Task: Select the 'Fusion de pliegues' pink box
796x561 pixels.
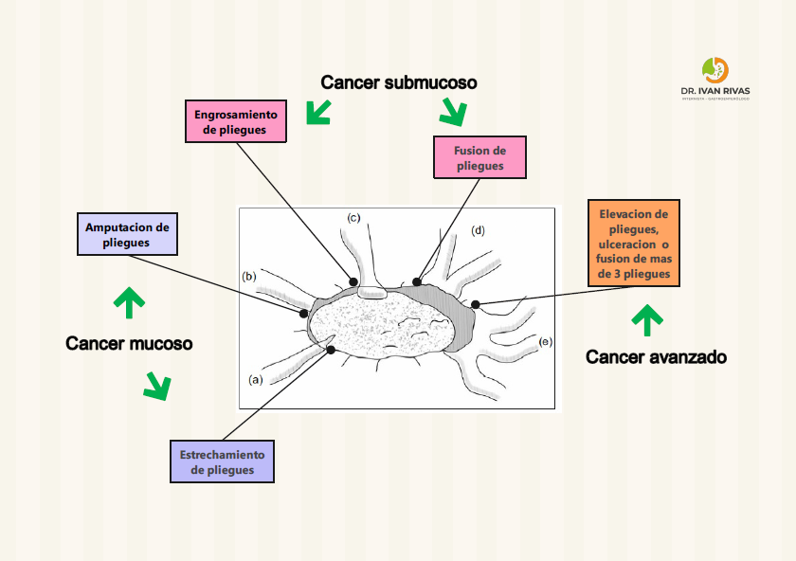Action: (479, 158)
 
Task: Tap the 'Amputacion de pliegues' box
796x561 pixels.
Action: (127, 234)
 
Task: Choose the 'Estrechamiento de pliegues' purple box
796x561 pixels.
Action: (222, 461)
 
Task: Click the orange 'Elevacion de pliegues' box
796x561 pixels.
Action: (634, 244)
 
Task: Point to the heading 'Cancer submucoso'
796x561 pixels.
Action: (398, 82)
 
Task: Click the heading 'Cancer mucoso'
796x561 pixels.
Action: (129, 343)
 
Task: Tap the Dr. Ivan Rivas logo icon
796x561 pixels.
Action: (715, 71)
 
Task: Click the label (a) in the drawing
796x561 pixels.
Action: (255, 379)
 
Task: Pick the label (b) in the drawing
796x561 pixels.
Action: (249, 277)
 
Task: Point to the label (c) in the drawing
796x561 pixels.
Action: (353, 219)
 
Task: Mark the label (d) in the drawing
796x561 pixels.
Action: (478, 230)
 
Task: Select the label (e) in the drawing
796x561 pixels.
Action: (545, 340)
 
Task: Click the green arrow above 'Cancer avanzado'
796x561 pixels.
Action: (647, 320)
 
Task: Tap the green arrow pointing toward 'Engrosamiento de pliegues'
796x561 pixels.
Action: (318, 113)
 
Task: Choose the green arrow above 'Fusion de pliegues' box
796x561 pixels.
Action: (453, 114)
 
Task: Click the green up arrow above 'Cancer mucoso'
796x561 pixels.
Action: (129, 301)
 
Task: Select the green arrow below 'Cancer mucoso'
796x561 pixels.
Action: (156, 385)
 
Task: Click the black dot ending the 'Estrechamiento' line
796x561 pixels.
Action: (331, 351)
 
